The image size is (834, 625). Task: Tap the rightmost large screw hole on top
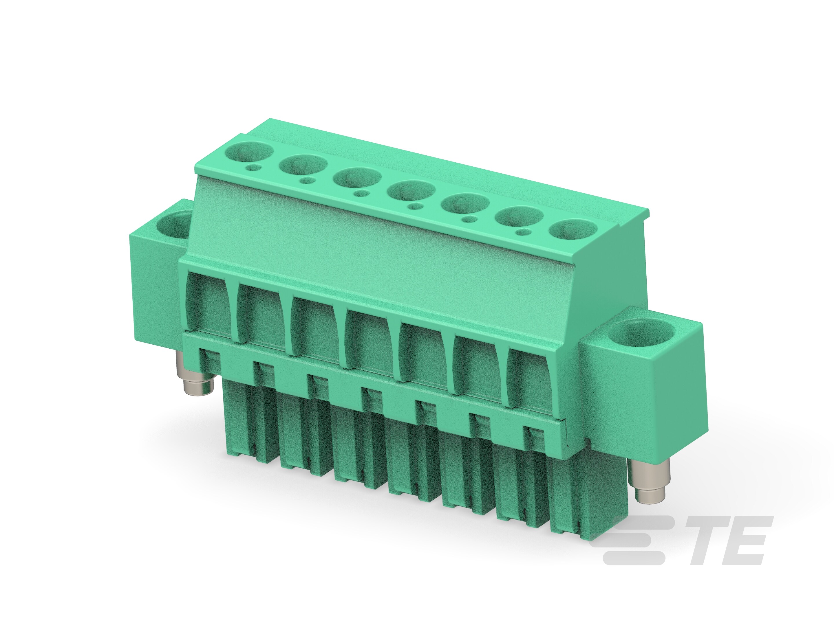573,229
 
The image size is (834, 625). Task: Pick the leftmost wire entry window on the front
209,305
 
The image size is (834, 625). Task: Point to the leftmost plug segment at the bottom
247,426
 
